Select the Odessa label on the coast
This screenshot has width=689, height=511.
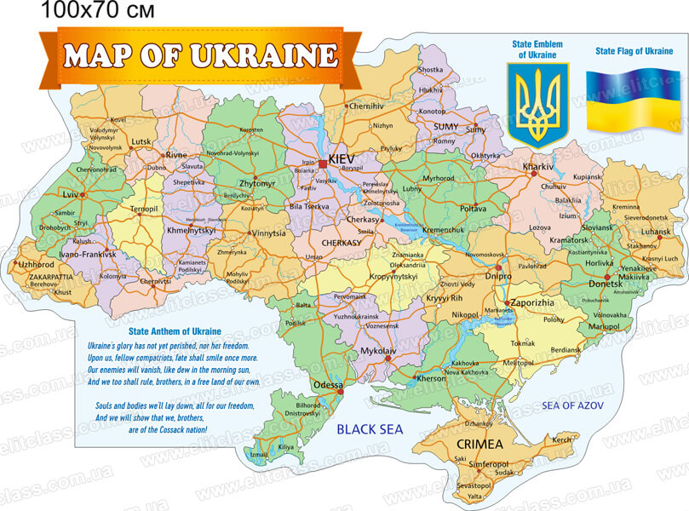328,385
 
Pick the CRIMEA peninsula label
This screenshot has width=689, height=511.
479,445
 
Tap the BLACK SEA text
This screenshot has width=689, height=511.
370,429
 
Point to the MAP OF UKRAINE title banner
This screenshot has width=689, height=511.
201,56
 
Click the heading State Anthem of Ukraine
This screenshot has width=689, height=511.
175,331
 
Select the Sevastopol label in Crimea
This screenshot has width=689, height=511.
474,484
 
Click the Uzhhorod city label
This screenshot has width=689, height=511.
37,265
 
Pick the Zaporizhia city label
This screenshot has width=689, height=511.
532,302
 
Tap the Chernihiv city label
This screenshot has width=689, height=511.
366,106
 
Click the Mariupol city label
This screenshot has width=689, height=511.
604,326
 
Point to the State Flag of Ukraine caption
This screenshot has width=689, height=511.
634,52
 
